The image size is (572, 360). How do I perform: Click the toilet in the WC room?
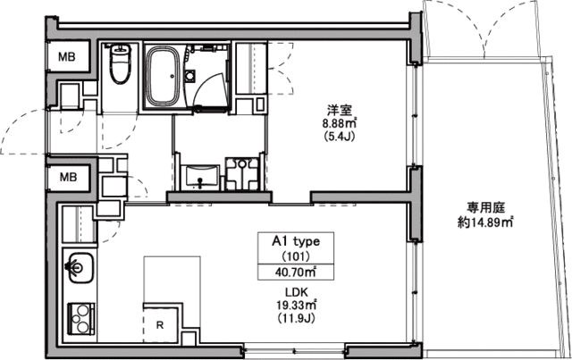point(120,63)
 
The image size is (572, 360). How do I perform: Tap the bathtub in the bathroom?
point(163,77)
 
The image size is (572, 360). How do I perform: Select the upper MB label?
point(67,57)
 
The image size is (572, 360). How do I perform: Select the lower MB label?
point(68,177)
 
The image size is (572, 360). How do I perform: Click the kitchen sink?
point(80,267)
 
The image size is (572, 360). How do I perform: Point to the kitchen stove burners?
point(81,319)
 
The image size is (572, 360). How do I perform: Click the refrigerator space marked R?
point(160,325)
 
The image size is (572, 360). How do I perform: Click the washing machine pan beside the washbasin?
point(242,173)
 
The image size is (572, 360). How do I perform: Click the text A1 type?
point(296,241)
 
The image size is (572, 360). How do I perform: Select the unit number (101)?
point(296,256)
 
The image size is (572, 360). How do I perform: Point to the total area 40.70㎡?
point(296,272)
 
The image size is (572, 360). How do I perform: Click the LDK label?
point(297,292)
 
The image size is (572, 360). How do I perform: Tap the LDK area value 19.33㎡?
point(296,305)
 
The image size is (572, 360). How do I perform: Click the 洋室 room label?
point(340,110)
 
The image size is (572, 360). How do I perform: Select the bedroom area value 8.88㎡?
point(340,123)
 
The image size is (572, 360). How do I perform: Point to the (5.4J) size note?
point(340,137)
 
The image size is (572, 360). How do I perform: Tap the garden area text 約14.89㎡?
point(485,222)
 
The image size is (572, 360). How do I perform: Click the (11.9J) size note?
point(296,318)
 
